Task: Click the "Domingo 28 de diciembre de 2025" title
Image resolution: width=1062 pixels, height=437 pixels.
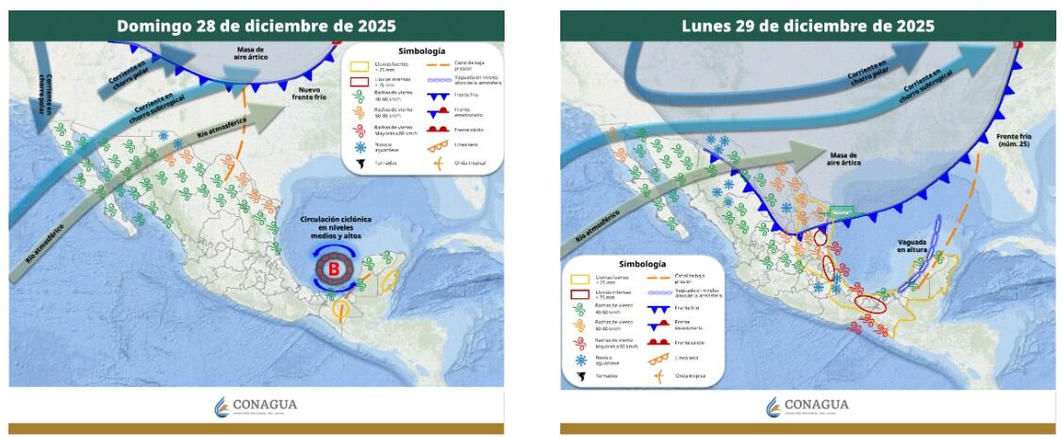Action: click(256, 25)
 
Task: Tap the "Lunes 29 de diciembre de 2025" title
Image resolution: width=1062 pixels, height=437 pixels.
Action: click(807, 25)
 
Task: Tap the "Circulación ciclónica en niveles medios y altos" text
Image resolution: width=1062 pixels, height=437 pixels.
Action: click(336, 228)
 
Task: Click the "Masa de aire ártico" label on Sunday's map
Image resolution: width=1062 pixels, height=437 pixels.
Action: click(250, 53)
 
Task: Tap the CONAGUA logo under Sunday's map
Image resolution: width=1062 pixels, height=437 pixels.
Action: click(256, 406)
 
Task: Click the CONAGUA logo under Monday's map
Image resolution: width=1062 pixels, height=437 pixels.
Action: click(807, 406)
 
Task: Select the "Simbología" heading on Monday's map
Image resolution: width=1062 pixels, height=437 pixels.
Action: click(643, 264)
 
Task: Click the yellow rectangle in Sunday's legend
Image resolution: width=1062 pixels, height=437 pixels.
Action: click(359, 67)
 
